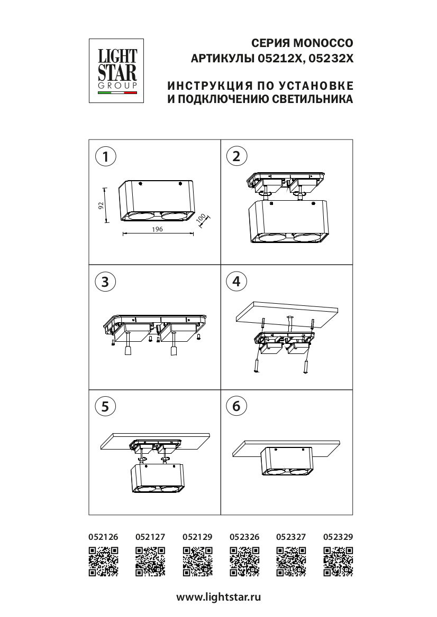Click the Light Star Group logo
click(116, 71)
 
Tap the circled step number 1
click(105, 156)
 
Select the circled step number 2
click(236, 156)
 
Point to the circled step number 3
click(105, 282)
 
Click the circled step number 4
click(236, 282)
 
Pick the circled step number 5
click(105, 406)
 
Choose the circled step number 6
click(236, 406)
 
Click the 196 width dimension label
click(157, 229)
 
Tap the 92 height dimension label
click(101, 205)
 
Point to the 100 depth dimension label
click(201, 218)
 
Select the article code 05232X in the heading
click(331, 59)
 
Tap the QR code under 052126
click(103, 562)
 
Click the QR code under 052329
click(338, 562)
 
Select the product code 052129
click(197, 537)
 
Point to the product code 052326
click(244, 537)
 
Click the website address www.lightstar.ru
click(218, 597)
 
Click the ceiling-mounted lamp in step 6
click(286, 461)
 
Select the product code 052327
click(291, 537)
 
